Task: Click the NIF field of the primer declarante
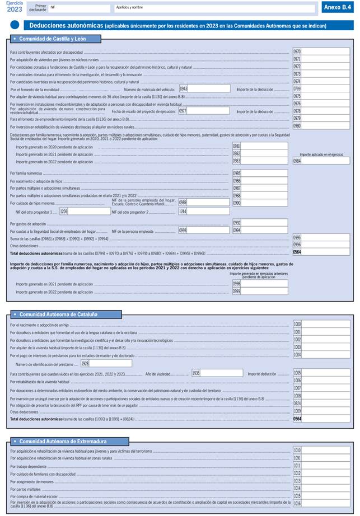[78, 8]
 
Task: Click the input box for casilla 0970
[325, 51]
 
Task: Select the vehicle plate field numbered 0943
[209, 88]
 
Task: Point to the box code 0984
[297, 161]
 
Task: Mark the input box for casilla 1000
[325, 325]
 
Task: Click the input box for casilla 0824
[325, 403]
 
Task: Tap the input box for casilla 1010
[325, 451]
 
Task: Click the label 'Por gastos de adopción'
[29, 223]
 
